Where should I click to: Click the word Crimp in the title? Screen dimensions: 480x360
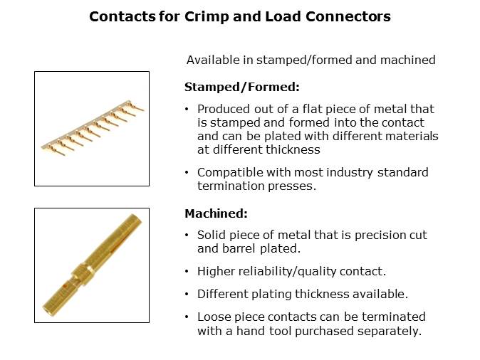207,17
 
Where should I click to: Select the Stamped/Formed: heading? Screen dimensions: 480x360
242,88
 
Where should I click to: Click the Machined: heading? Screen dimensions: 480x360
216,213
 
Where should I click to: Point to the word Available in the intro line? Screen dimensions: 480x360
213,60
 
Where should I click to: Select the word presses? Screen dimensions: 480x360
292,186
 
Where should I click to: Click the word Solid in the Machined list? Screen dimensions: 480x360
212,235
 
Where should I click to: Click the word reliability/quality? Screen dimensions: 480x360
287,271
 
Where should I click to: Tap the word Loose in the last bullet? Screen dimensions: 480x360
214,317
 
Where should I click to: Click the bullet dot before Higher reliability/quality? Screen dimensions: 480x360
187,271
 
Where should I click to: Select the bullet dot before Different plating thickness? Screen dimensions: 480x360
187,294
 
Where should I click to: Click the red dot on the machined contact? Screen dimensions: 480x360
65,287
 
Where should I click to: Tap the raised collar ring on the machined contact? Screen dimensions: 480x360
82,275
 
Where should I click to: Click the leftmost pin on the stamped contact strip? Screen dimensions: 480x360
55,150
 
